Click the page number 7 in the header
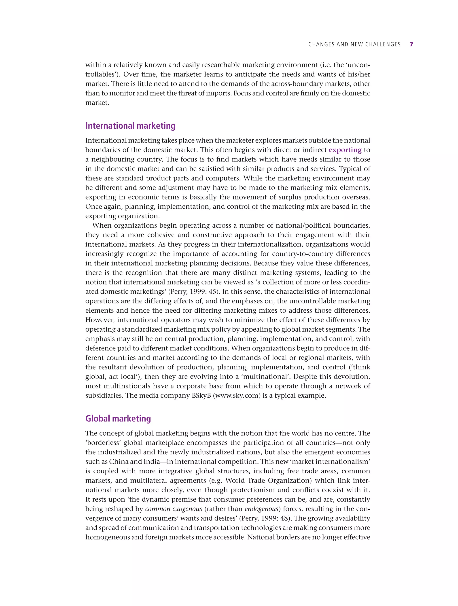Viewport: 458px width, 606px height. click(411, 44)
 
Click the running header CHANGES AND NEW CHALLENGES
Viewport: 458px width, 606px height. click(354, 44)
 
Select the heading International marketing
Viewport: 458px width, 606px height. click(130, 126)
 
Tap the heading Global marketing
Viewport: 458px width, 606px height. click(118, 418)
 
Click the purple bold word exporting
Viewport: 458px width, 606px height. click(345, 150)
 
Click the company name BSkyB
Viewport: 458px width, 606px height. click(201, 396)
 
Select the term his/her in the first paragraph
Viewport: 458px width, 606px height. click(358, 74)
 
